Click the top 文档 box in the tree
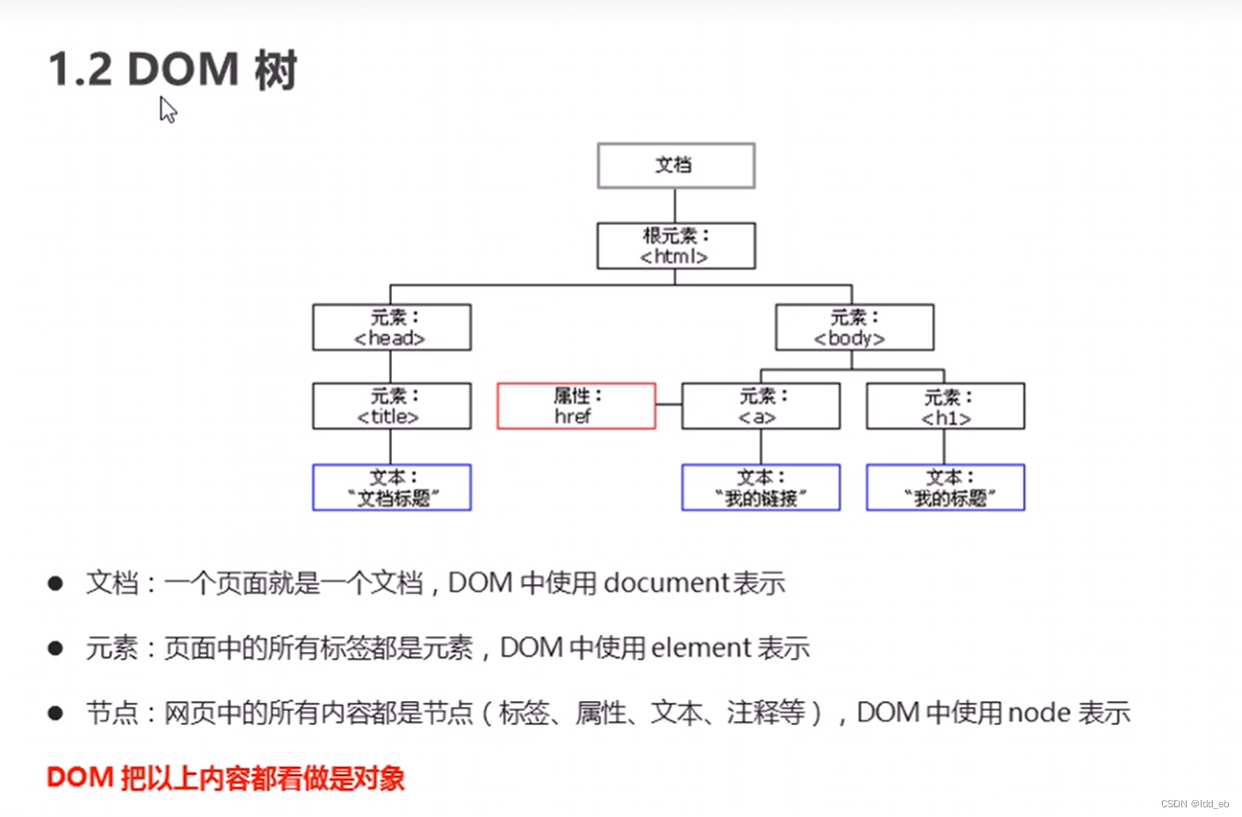coord(676,165)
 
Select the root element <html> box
coord(676,246)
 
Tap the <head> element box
coord(391,328)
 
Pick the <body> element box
coord(854,328)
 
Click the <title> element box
coord(391,406)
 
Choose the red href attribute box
coord(576,406)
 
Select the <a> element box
coord(760,406)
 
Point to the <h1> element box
coord(945,406)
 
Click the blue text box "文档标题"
coord(391,488)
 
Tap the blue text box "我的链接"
coord(760,488)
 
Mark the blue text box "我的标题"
coord(945,488)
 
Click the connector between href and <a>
coord(669,405)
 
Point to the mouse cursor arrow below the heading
coord(167,110)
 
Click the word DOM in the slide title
coord(183,69)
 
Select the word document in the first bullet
coord(667,583)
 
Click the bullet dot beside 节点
coord(55,712)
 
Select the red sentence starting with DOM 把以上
coord(226,777)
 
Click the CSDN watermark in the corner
coord(1195,804)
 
